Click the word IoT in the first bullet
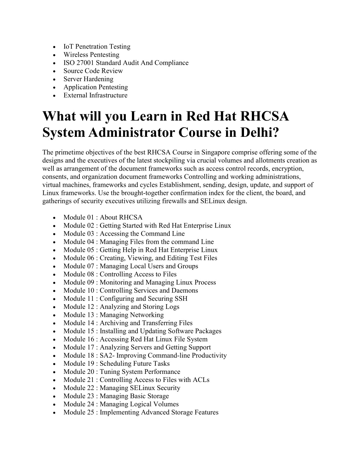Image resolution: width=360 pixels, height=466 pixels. (68, 46)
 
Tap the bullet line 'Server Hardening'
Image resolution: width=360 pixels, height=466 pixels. (88, 79)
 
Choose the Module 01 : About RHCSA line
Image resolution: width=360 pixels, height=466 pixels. (103, 217)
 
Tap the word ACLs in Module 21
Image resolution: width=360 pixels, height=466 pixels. (201, 379)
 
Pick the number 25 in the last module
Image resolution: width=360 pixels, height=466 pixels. (90, 412)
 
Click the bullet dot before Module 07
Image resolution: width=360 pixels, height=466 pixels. (53, 267)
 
